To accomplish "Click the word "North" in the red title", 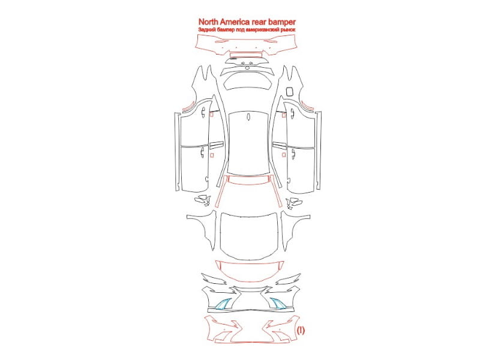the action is coord(208,22).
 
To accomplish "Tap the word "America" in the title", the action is coord(235,22).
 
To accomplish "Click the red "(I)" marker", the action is coord(301,330).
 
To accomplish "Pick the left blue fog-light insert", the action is coord(223,304).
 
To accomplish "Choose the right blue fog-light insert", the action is coord(277,303).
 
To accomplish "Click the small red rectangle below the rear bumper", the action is coord(246,55).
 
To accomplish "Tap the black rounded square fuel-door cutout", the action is coord(289,92).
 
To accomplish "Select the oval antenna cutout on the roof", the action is coord(248,117).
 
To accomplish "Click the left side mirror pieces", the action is coord(202,200).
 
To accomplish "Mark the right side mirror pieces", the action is coord(294,202).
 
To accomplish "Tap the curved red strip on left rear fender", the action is coord(190,106).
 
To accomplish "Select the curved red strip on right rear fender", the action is coord(307,106).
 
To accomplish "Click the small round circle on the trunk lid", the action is coord(247,68).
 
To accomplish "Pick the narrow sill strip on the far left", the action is coord(177,152).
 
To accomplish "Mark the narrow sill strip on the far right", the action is coord(319,151).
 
